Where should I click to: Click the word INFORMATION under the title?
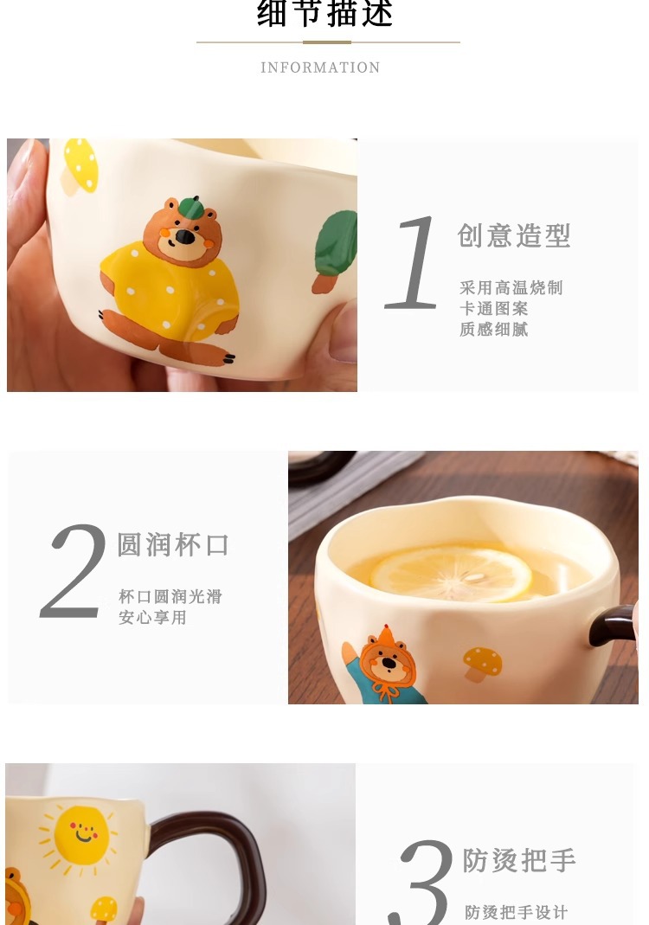point(320,67)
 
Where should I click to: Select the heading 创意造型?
point(514,236)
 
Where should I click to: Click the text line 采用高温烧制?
point(511,288)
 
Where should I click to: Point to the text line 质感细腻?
point(494,329)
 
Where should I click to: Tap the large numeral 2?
point(74,571)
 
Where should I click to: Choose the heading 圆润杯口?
point(172,544)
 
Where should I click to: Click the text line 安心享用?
point(152,618)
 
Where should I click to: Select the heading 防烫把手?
point(519,860)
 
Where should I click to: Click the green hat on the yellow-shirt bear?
point(190,207)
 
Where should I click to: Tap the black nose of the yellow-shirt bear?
point(184,237)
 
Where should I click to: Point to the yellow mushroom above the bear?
point(80,165)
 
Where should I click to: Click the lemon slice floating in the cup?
point(451,574)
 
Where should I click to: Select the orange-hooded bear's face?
point(389,663)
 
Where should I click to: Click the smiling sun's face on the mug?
point(82,835)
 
